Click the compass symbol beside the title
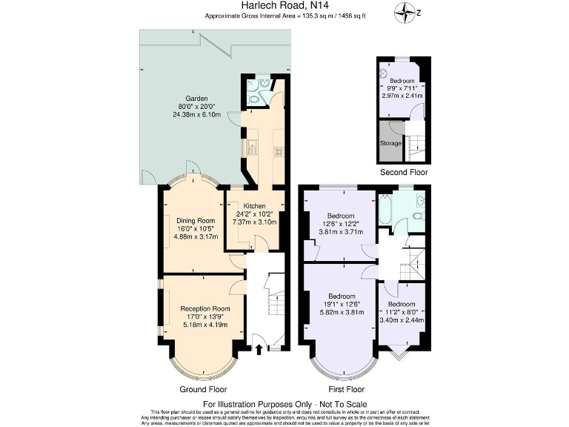pos(405,11)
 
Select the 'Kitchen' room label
pos(255,205)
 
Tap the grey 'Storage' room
pos(390,144)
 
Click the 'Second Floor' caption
pos(404,172)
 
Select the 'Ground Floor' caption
pos(203,389)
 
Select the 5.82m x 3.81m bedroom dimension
pos(342,314)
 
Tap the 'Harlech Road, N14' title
pos(284,6)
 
